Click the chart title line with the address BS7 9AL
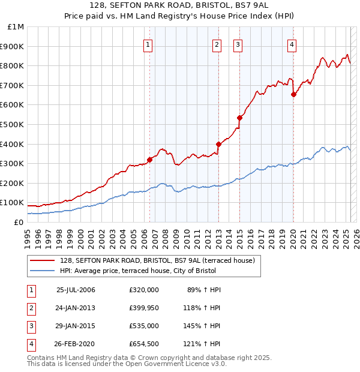180,6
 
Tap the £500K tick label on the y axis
12,124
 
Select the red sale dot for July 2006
149,160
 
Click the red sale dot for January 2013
218,144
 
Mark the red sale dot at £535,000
239,118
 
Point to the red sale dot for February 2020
293,94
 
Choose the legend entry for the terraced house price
157,260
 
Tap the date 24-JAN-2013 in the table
76,308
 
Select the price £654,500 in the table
144,344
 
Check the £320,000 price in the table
144,290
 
